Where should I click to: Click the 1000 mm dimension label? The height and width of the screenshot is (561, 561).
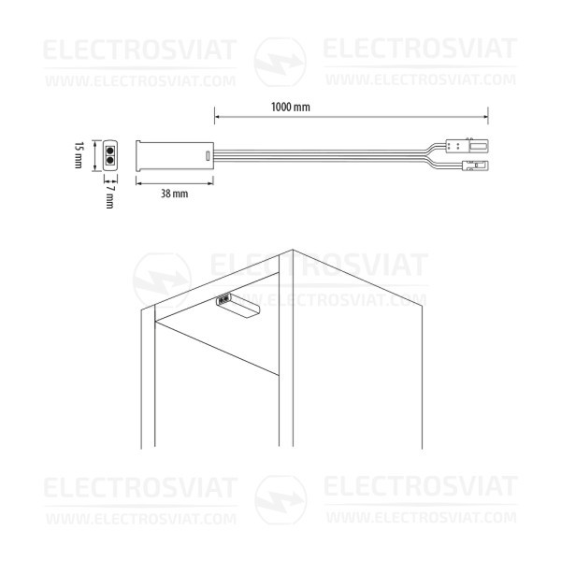[x=291, y=107]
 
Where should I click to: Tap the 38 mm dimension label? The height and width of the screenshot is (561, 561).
[x=174, y=194]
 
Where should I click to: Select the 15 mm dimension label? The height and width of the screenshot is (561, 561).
[x=79, y=155]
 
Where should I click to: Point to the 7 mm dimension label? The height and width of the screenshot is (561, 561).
[x=109, y=196]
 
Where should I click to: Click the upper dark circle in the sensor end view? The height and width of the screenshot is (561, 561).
[x=110, y=151]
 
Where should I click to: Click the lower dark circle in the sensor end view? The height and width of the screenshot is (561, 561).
[x=110, y=160]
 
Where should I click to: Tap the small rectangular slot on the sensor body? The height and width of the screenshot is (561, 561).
[x=208, y=156]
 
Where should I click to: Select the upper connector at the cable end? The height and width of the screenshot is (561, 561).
[x=467, y=146]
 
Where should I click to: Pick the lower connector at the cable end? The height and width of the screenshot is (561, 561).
[x=475, y=165]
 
